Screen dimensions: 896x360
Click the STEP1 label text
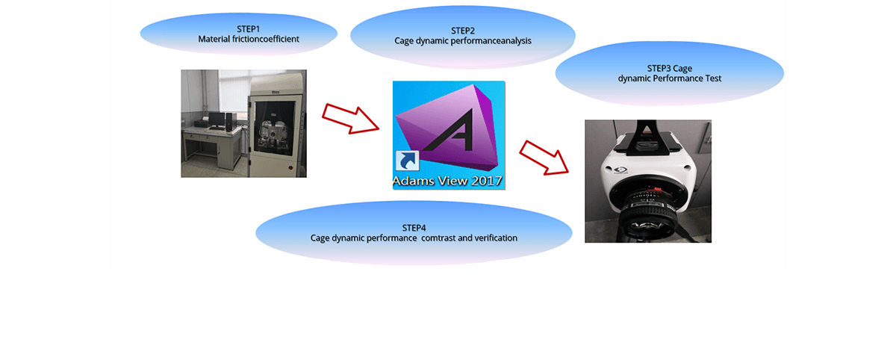point(248,29)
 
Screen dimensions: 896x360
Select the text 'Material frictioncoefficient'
point(249,39)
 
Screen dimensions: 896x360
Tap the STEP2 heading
point(463,31)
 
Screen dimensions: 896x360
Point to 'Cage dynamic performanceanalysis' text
point(463,41)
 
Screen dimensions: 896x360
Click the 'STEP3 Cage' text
point(670,69)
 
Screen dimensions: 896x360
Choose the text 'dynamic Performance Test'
point(670,78)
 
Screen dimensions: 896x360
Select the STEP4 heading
point(414,228)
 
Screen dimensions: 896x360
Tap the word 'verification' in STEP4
point(496,238)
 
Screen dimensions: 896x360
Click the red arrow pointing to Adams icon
point(350,119)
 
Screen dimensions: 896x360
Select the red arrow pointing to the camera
point(544,158)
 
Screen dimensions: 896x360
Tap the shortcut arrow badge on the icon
point(407,161)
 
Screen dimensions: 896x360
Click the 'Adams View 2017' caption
point(447,181)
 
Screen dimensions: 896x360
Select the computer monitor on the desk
point(217,120)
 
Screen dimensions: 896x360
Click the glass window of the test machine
point(276,128)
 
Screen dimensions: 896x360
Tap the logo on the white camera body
point(620,170)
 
